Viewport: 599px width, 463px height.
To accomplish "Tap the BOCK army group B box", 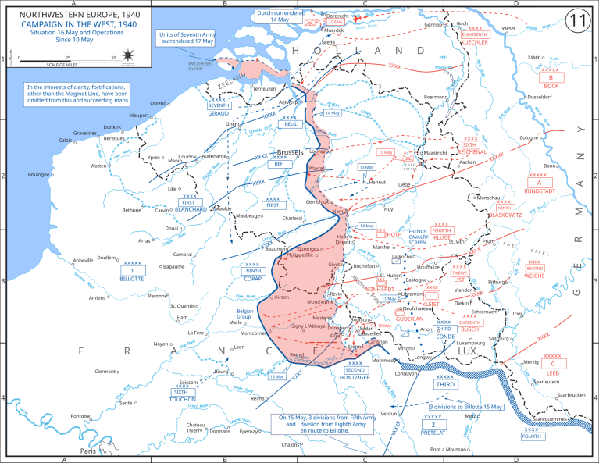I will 551,78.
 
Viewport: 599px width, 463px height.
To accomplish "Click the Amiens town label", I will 98,297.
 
